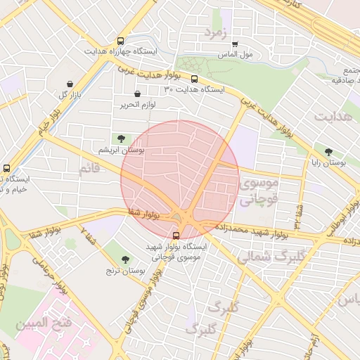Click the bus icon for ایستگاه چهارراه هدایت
click(121, 41)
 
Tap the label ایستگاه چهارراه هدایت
click(121, 52)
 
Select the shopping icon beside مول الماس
click(235, 44)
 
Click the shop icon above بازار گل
click(69, 83)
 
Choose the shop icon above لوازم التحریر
click(137, 94)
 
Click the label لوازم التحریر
click(137, 104)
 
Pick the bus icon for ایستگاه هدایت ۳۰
click(195, 79)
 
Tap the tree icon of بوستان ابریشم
click(123, 139)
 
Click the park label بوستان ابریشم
click(123, 150)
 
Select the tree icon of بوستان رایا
click(328, 151)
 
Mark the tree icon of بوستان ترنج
click(125, 259)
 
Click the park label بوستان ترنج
click(125, 271)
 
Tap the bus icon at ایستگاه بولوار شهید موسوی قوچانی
click(176, 236)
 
